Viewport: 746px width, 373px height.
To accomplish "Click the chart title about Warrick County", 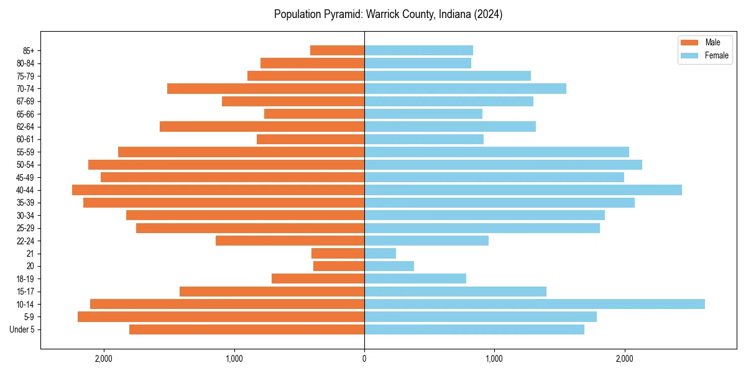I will click(388, 14).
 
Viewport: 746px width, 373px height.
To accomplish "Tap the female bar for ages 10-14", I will click(534, 304).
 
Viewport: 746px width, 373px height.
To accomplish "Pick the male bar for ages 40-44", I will click(218, 190).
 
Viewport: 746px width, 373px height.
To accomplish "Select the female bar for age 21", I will click(380, 254).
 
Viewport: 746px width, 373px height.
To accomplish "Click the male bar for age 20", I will click(339, 266).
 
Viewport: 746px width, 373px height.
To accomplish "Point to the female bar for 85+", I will click(418, 50).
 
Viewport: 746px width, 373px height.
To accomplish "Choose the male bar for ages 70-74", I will click(265, 88).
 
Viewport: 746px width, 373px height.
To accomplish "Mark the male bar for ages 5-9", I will click(221, 317).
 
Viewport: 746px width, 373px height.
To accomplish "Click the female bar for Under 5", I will click(474, 329).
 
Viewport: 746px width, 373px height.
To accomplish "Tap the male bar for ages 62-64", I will click(262, 127).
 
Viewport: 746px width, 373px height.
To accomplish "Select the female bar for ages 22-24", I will click(426, 241).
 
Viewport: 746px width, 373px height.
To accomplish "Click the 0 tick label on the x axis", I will click(364, 358).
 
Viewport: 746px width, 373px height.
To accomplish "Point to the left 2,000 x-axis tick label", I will click(103, 358).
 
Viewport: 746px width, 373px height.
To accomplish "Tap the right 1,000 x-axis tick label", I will click(494, 358).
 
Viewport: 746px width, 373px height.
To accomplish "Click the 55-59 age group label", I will click(24, 152).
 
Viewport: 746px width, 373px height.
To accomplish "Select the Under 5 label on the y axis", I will click(22, 329).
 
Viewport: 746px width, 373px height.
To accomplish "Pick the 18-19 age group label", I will click(24, 279).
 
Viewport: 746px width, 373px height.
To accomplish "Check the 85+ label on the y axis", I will click(27, 50).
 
